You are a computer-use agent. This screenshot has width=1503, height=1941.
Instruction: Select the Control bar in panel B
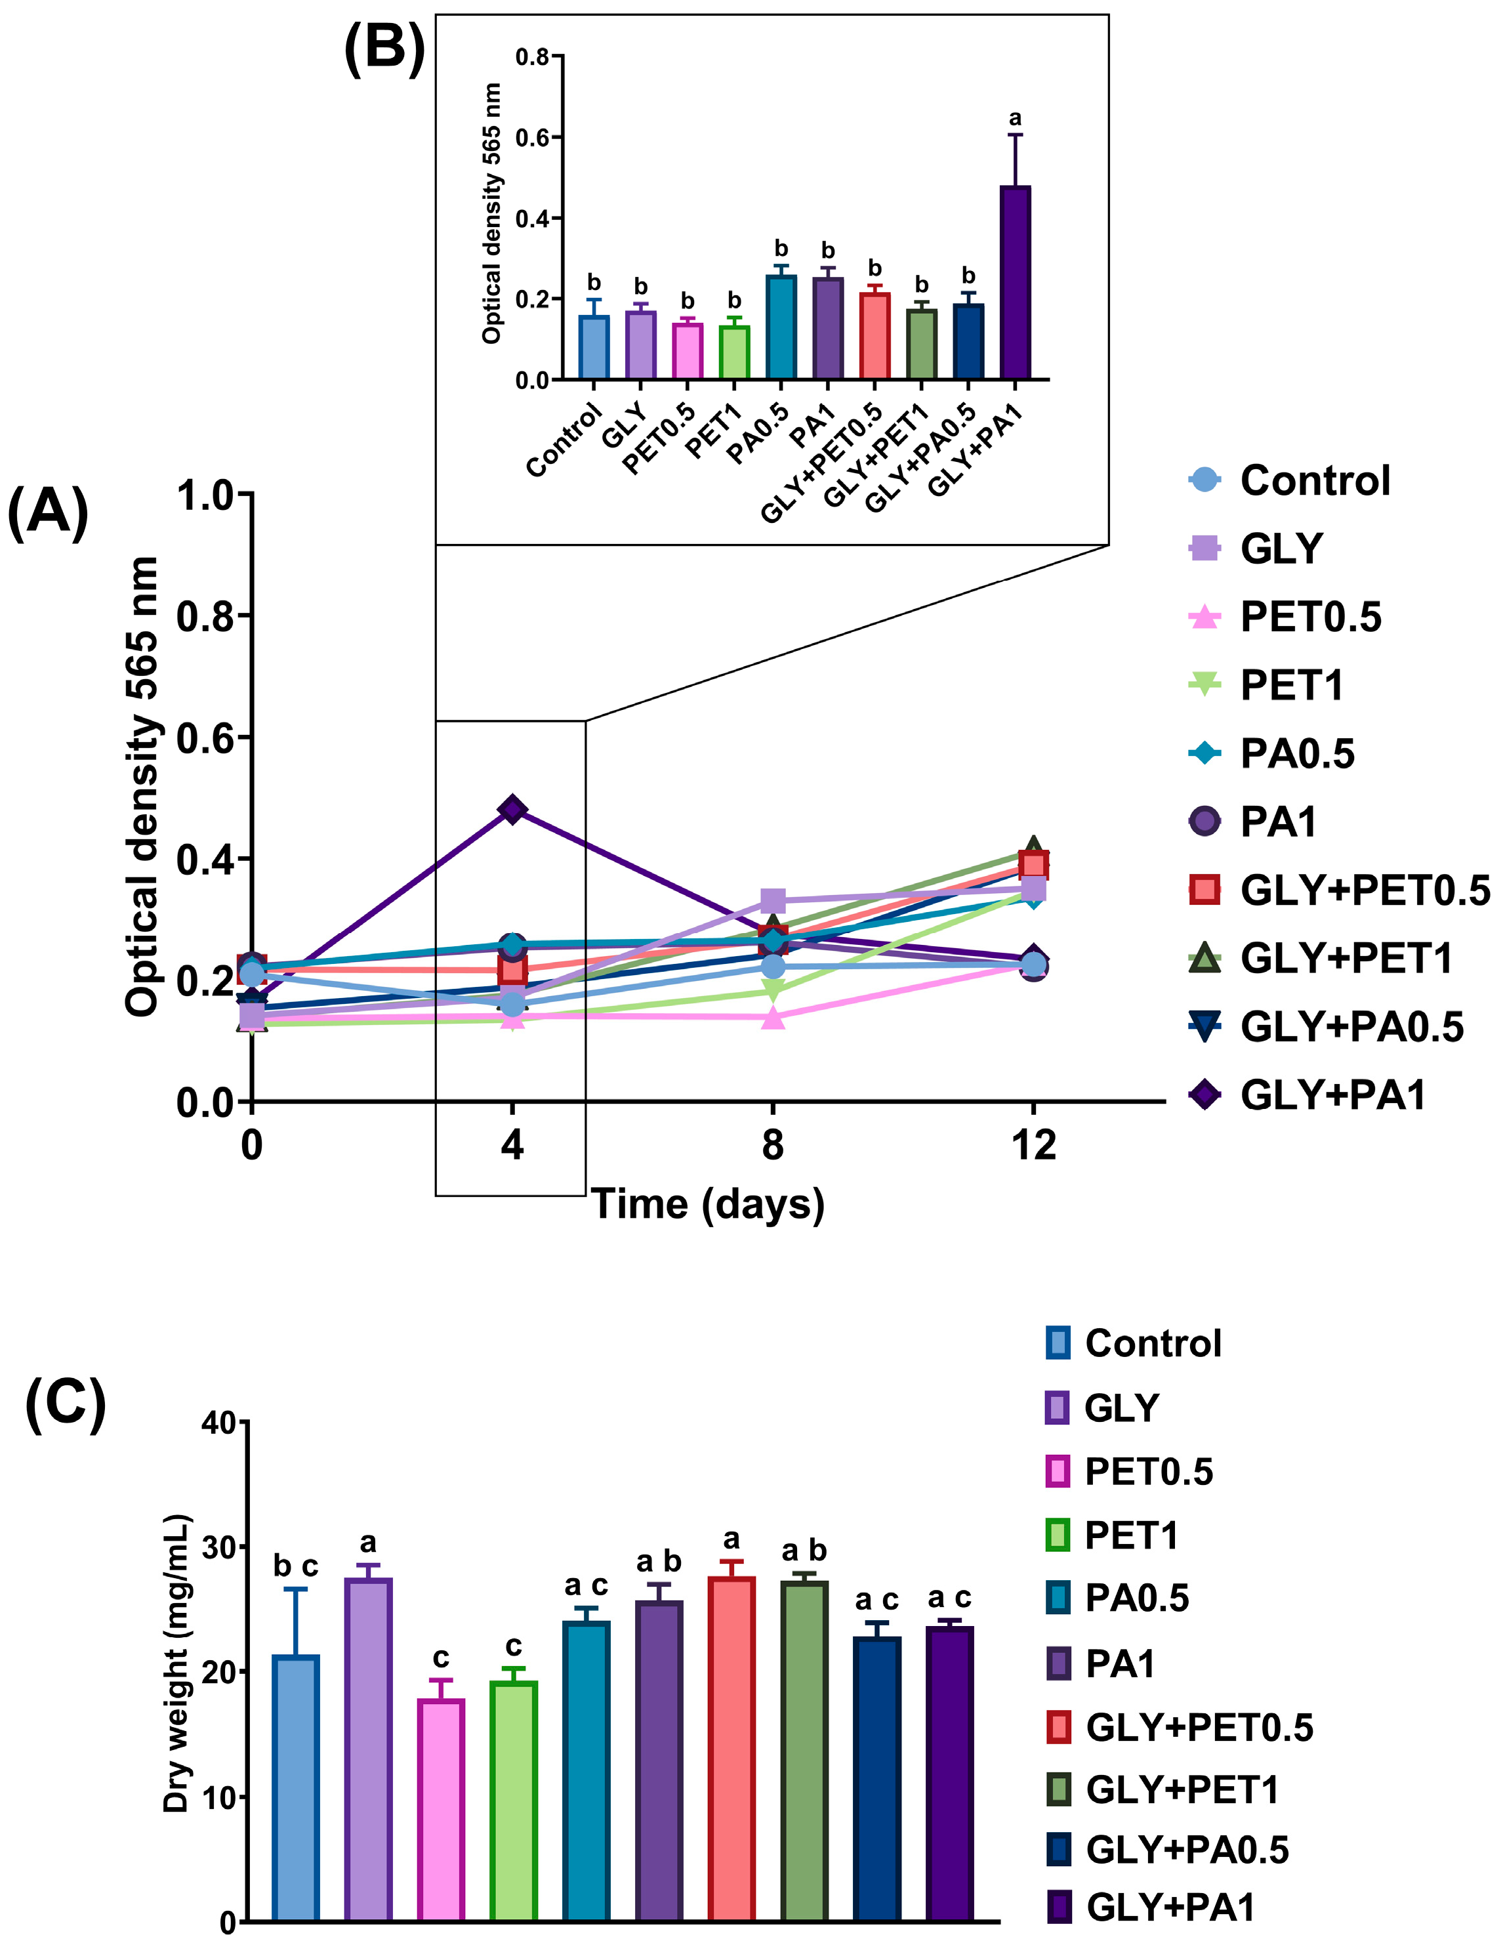pos(593,348)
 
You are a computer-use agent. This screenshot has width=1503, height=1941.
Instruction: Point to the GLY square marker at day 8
pos(773,900)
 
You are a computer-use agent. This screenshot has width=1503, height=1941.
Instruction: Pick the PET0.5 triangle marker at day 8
pos(773,1018)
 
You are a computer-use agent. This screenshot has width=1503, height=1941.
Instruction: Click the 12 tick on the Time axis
pos(1033,1144)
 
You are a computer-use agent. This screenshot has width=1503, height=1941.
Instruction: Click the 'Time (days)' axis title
pos(708,1204)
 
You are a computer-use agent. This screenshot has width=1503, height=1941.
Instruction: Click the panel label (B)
pos(384,46)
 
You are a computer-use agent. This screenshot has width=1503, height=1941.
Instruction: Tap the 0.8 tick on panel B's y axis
pos(531,57)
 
